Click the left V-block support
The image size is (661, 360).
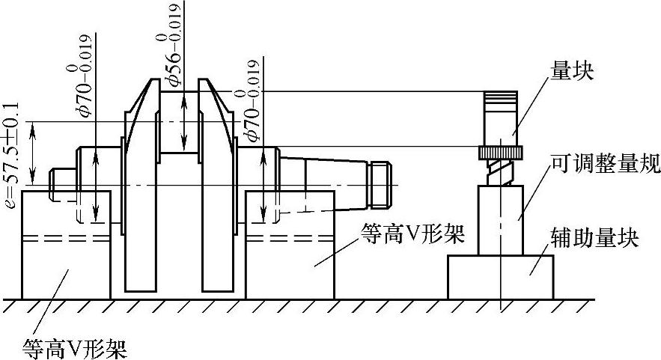coord(67,247)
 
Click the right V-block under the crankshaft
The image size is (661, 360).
coord(290,247)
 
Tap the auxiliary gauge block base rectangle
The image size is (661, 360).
coord(500,277)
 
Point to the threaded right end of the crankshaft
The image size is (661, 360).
coord(383,185)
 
